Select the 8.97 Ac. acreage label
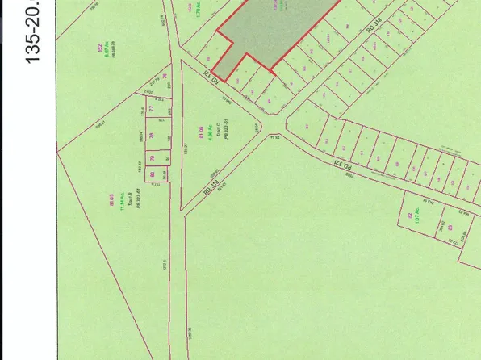pyautogui.click(x=102, y=53)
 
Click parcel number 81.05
pyautogui.click(x=111, y=192)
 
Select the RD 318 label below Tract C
pyautogui.click(x=211, y=190)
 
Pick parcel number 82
pyautogui.click(x=411, y=216)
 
